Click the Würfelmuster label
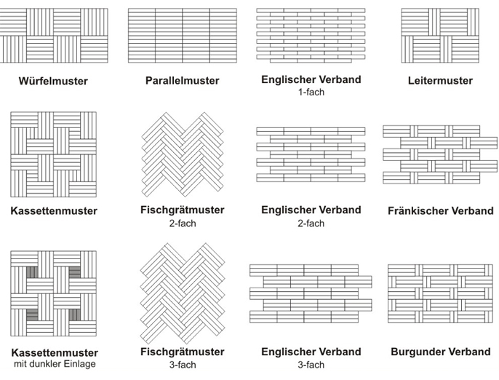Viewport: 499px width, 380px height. (53, 81)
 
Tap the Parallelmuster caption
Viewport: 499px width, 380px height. (183, 81)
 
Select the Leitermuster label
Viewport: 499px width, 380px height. (440, 81)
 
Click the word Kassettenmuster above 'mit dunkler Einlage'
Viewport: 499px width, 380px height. (55, 352)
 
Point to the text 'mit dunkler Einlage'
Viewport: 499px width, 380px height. (55, 364)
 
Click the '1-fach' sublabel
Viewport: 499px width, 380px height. (311, 92)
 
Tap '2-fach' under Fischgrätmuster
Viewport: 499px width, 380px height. (183, 223)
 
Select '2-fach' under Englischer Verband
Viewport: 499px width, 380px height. (311, 223)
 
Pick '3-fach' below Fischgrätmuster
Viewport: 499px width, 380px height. (183, 365)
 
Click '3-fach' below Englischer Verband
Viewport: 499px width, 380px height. (311, 365)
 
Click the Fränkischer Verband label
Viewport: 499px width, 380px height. (441, 210)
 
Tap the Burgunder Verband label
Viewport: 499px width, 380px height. (441, 352)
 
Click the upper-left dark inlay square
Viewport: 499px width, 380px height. (32, 272)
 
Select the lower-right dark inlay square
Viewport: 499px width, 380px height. (75, 314)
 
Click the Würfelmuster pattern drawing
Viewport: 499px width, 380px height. (54, 36)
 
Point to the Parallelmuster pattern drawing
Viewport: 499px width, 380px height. (183, 36)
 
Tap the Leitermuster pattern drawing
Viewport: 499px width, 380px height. (440, 36)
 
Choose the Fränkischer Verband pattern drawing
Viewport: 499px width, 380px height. (440, 154)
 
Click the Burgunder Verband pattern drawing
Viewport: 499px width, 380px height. (440, 293)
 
